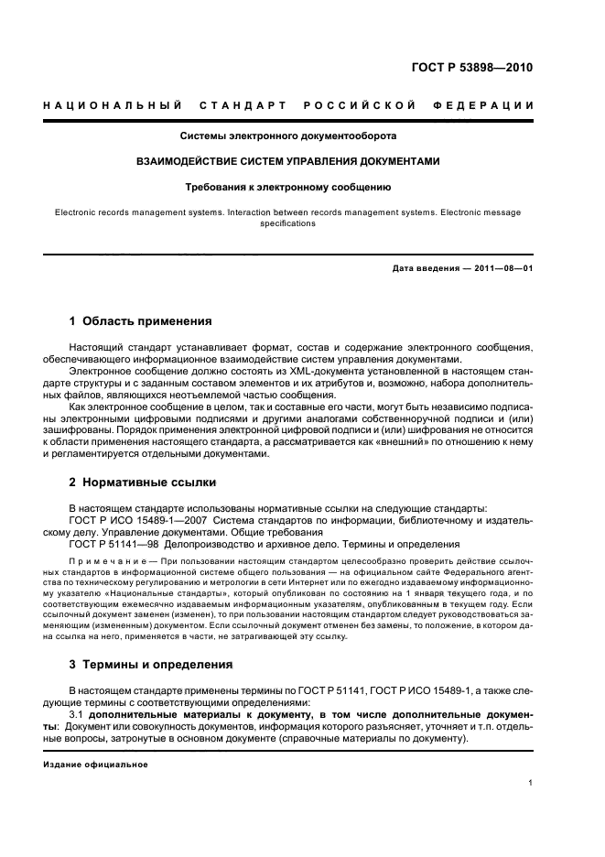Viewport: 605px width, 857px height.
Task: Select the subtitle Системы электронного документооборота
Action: pyautogui.click(x=287, y=136)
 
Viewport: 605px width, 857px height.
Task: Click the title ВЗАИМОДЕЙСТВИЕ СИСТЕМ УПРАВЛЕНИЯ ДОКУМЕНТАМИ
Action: pyautogui.click(x=287, y=161)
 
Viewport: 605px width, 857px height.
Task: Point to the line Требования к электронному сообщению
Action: pyautogui.click(x=287, y=187)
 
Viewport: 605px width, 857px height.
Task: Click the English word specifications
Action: pyautogui.click(x=287, y=223)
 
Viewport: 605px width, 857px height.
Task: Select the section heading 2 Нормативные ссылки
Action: pyautogui.click(x=143, y=482)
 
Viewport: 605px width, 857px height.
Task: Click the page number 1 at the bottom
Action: pyautogui.click(x=530, y=783)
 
